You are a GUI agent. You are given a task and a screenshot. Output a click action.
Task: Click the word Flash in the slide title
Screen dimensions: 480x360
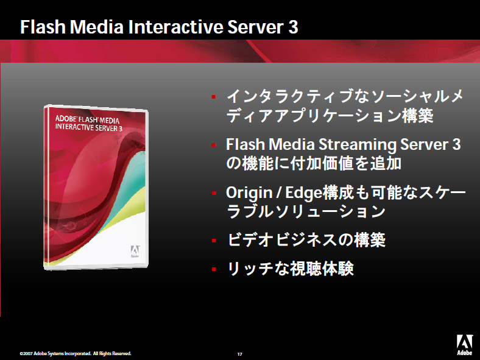(43, 27)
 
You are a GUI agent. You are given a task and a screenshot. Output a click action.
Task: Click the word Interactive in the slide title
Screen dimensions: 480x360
(175, 27)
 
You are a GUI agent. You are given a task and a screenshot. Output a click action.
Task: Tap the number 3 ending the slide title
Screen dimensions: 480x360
(293, 27)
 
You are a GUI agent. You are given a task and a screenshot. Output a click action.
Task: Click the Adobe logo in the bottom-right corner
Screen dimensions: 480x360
(464, 344)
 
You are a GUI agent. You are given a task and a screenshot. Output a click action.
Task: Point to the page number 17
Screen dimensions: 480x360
(239, 354)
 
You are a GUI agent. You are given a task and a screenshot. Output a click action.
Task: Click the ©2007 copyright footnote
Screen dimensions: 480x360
(76, 353)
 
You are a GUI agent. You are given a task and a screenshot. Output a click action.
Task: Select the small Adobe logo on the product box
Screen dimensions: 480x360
(135, 251)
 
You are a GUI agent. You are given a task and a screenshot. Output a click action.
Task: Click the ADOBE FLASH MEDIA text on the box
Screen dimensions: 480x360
(87, 119)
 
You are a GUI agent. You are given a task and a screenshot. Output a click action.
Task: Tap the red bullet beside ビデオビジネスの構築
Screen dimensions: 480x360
(214, 241)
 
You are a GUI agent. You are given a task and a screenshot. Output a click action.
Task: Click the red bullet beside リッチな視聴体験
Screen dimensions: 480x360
(214, 269)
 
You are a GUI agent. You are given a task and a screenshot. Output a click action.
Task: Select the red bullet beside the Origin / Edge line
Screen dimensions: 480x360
(214, 193)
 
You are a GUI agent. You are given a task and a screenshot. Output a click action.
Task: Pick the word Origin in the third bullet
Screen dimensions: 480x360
(249, 193)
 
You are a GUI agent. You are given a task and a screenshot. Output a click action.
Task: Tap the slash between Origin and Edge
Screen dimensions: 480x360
(278, 193)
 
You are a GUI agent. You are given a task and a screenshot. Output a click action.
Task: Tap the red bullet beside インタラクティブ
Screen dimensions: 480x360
(214, 97)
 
